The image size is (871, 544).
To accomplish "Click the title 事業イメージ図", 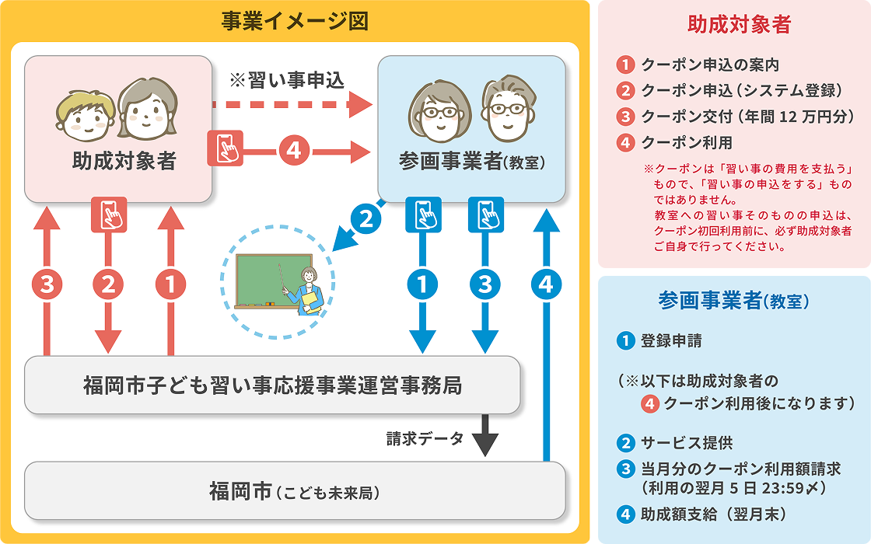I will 294,21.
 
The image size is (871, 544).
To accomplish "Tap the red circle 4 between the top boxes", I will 293,149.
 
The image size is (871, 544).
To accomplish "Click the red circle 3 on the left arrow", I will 47,285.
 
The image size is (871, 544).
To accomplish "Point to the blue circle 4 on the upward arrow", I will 547,285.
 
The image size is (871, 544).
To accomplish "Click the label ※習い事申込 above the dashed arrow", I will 287,81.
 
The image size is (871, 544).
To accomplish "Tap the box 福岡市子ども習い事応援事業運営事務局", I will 272,385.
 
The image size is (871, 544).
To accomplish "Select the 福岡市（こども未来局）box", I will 295,491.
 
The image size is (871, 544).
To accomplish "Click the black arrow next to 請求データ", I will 485,438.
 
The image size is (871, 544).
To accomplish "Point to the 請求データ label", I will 425,438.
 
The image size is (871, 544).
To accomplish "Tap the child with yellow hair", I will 83,113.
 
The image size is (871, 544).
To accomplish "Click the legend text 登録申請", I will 665,340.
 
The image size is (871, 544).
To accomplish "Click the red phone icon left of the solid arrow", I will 225,148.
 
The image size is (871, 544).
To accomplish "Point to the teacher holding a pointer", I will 309,291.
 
